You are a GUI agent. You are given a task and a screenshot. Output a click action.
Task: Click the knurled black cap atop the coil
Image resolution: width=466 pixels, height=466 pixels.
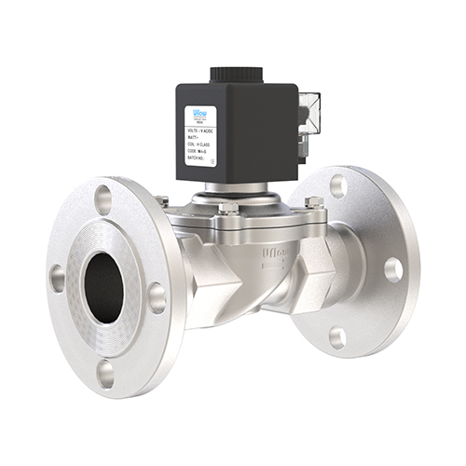click(239, 74)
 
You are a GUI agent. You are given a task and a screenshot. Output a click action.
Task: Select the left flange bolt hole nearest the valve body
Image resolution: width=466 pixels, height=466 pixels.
click(157, 297)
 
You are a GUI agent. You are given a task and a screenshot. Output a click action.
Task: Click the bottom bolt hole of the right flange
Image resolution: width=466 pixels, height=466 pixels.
click(337, 336)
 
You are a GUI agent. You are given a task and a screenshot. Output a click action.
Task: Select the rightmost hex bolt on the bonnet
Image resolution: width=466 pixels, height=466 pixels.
click(314, 202)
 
